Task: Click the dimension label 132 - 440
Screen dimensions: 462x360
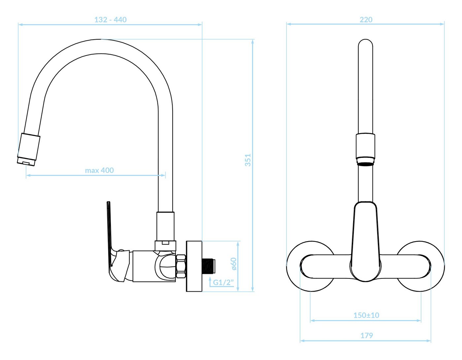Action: coord(110,19)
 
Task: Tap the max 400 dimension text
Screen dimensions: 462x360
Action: coord(99,170)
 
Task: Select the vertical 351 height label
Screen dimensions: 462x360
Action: coord(248,160)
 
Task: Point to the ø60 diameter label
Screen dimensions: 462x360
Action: coord(234,264)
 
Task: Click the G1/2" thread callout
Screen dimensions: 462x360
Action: coord(223,282)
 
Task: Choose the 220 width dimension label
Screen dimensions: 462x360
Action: coord(366,19)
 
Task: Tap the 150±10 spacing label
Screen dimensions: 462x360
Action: coord(366,315)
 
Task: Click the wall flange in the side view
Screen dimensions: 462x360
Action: coord(194,266)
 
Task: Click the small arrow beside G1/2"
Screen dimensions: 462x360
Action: coord(210,281)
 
